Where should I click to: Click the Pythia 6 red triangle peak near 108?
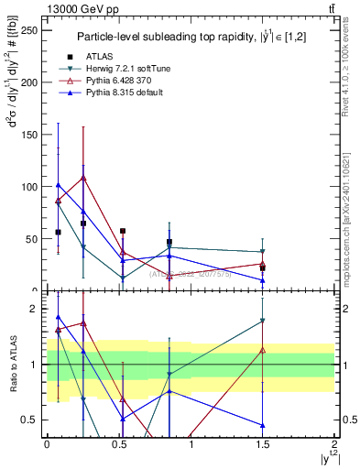(x=83, y=178)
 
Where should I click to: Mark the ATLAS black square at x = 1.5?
(x=263, y=268)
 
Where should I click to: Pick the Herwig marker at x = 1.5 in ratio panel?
(x=263, y=321)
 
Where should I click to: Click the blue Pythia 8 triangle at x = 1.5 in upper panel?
(x=263, y=280)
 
